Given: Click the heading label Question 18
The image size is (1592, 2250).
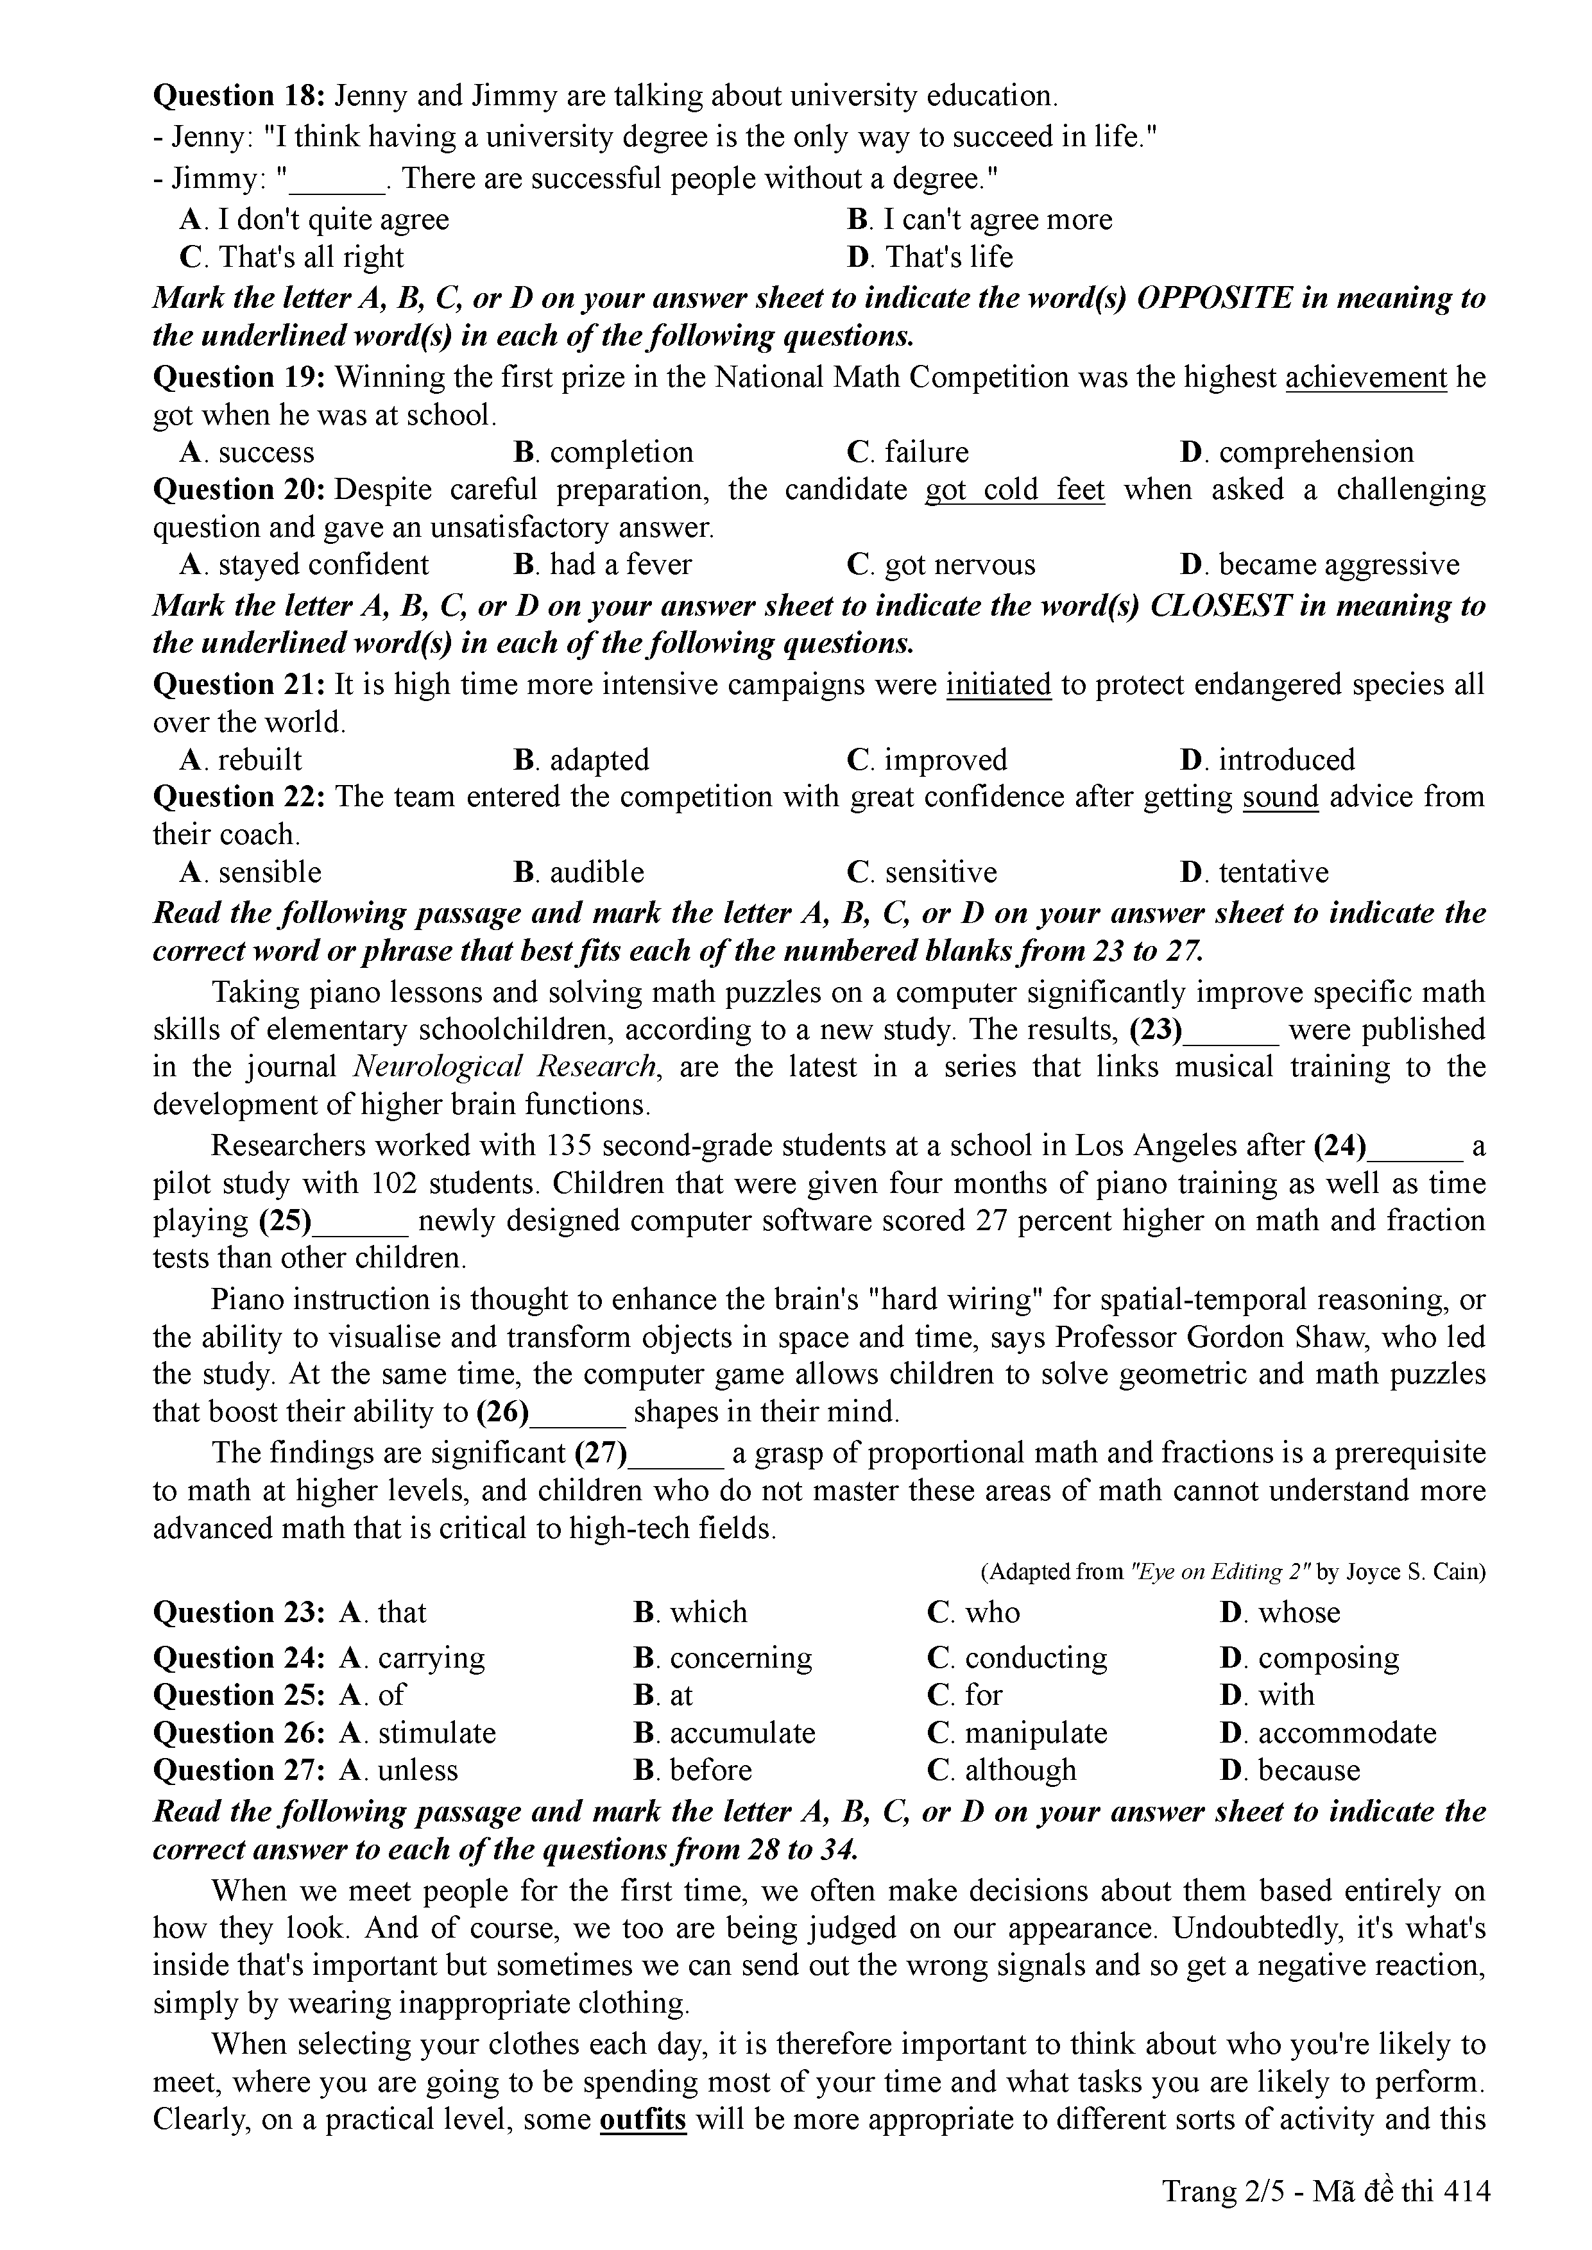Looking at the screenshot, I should (x=240, y=96).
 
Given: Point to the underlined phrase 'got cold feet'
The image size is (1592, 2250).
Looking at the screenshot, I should (x=1014, y=490).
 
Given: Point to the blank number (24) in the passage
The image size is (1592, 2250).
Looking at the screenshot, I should (x=1340, y=1146).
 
